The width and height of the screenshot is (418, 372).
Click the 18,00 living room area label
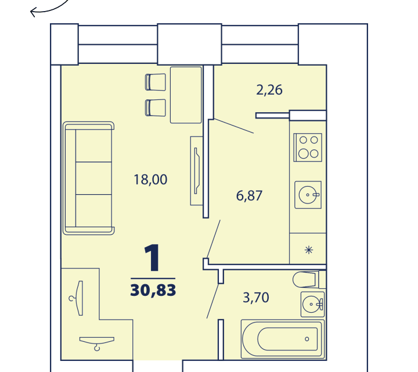point(150,180)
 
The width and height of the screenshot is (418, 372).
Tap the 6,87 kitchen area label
point(249,196)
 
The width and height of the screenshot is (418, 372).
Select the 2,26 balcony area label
point(269,90)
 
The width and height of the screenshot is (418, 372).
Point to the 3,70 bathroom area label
point(256,298)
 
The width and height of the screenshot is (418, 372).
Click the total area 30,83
point(153,291)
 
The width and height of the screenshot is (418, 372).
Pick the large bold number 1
point(152,258)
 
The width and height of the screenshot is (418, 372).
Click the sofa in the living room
point(89,178)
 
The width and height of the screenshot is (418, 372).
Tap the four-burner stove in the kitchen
point(308,147)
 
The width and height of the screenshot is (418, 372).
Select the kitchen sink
point(308,195)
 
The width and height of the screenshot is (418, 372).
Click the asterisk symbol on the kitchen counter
point(309,250)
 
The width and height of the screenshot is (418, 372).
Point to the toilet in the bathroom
point(309,280)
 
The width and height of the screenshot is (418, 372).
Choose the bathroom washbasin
point(313,305)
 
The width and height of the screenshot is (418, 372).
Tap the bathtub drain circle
point(307,339)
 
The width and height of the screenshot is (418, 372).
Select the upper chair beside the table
point(156,82)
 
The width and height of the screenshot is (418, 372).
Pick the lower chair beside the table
point(156,108)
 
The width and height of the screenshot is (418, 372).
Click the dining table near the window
point(186,95)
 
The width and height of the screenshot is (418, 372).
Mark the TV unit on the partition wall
point(197,171)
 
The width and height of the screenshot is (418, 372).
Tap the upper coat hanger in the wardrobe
point(77,298)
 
